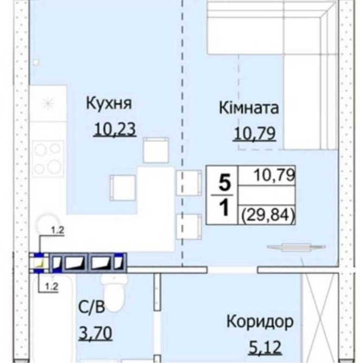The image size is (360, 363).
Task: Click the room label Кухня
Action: click(110, 103)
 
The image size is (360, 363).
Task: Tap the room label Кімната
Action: click(249, 107)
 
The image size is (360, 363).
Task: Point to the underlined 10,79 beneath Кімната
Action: click(254, 132)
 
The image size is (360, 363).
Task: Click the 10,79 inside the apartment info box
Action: click(273, 174)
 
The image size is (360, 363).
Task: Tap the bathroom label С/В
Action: click(91, 308)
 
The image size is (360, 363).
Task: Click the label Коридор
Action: click(260, 321)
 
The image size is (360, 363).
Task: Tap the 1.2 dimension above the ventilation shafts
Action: click(57, 230)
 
